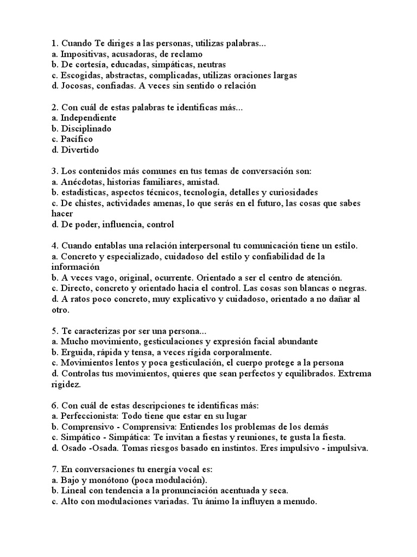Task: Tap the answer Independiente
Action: coord(89,118)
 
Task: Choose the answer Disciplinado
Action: coord(86,129)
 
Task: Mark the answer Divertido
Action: coord(80,150)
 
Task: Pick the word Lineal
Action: coord(74,491)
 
